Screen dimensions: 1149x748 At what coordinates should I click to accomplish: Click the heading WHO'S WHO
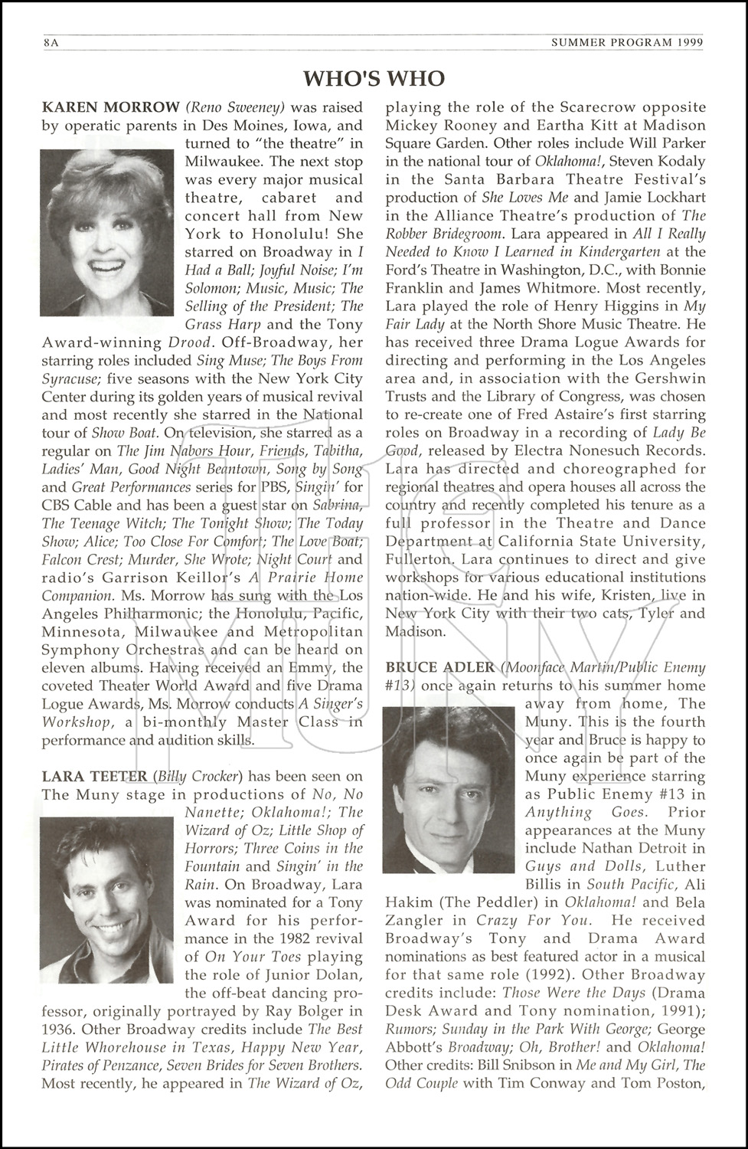click(x=374, y=78)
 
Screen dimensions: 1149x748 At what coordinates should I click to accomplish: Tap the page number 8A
click(x=51, y=43)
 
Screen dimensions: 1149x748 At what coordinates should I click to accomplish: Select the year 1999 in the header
click(x=689, y=43)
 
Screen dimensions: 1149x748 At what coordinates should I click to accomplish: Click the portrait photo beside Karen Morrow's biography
click(x=107, y=232)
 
